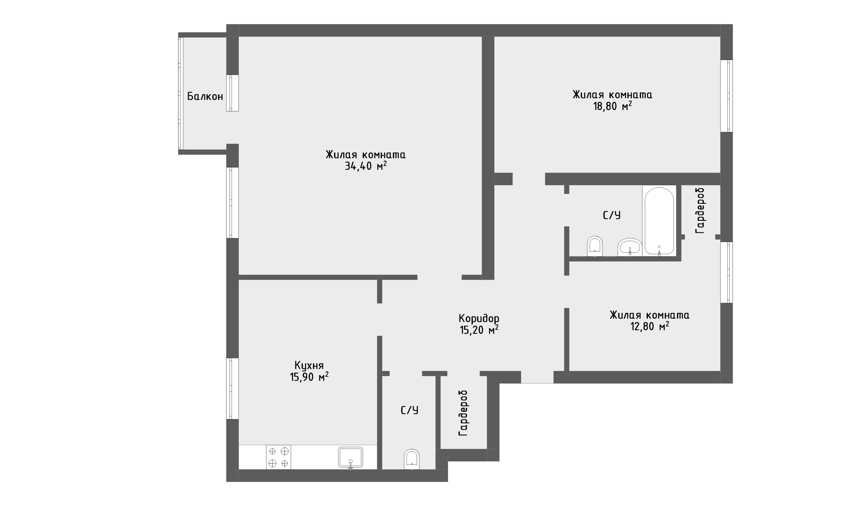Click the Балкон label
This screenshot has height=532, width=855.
(x=205, y=96)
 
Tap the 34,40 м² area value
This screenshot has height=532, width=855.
(x=365, y=166)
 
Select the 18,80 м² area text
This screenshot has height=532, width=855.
(x=612, y=106)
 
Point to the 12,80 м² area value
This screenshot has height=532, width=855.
(x=649, y=326)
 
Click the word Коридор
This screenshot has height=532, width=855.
(x=479, y=319)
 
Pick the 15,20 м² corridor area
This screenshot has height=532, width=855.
(x=479, y=330)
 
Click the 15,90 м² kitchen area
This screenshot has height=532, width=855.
(x=309, y=377)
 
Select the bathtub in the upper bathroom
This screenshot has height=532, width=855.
(x=659, y=221)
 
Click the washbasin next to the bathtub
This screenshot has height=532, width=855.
(x=629, y=248)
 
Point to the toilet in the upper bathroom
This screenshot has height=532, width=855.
(x=594, y=247)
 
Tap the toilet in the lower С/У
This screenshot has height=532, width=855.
(x=411, y=459)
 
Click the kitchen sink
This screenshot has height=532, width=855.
(x=350, y=458)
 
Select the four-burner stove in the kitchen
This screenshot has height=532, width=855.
(x=278, y=457)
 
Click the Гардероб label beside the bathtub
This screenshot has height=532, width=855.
(x=700, y=211)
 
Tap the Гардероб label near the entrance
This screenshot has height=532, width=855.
(x=463, y=413)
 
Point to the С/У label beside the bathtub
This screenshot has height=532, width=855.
(x=611, y=215)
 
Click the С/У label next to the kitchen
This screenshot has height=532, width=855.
(x=409, y=410)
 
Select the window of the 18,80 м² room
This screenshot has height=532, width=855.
(x=726, y=96)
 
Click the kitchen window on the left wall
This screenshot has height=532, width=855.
(x=232, y=388)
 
